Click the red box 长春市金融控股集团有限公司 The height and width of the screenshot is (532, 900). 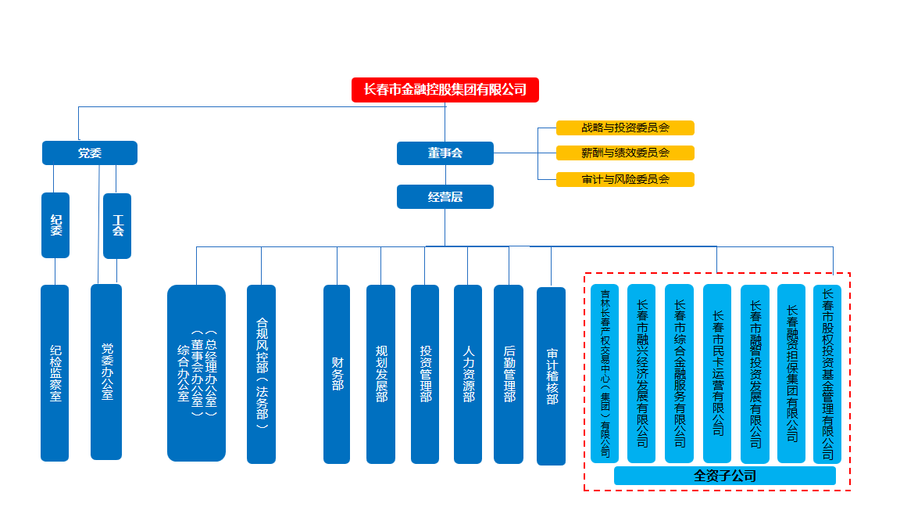445,90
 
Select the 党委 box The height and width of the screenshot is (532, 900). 89,153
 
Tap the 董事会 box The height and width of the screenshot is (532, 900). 445,153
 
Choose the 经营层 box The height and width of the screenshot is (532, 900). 445,197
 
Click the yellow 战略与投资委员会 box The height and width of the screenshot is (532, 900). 625,128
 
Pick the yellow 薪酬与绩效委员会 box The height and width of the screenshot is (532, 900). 625,153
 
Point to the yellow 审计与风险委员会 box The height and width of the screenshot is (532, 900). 625,179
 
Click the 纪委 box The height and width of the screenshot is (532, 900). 55,225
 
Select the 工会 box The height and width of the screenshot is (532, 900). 117,226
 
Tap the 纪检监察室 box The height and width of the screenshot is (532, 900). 55,373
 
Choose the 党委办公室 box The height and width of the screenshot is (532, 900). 106,372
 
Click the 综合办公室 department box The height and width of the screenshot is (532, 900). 196,373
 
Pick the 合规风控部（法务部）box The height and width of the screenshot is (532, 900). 261,374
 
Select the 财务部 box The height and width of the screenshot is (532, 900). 337,374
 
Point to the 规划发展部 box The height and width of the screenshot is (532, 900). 380,374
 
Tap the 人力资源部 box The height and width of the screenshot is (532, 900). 468,374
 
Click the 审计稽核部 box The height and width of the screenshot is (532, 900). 551,376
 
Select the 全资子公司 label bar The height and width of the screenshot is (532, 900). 724,476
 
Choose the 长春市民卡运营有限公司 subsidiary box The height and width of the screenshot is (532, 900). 717,373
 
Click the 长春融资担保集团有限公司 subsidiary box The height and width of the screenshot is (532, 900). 791,373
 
